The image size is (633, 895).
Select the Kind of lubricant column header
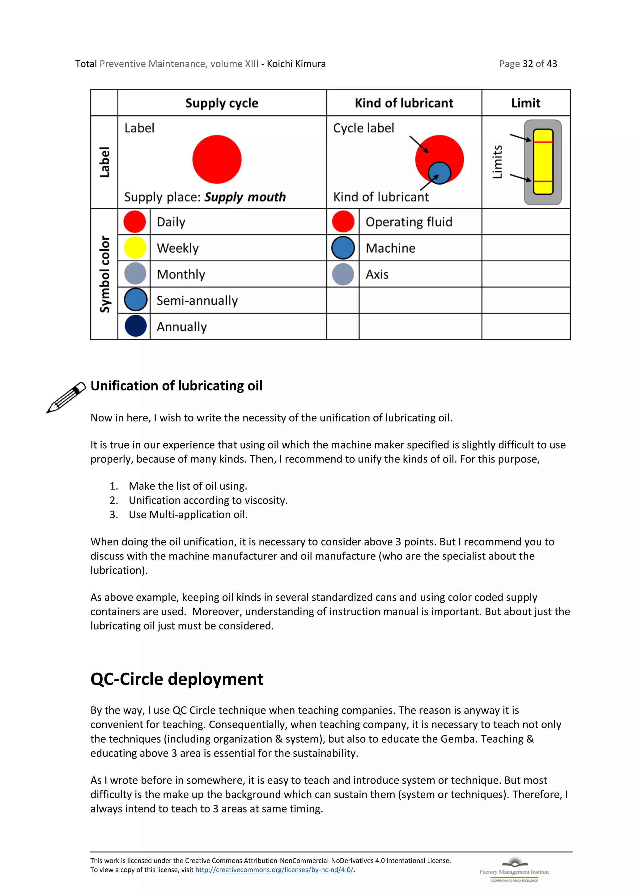click(x=404, y=103)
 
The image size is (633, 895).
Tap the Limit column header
click(x=525, y=103)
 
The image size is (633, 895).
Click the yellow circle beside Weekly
click(x=135, y=248)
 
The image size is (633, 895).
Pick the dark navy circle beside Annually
click(x=136, y=326)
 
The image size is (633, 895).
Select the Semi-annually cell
click(x=197, y=300)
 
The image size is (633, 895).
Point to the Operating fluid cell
click(x=409, y=222)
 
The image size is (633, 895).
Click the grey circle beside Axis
click(x=343, y=274)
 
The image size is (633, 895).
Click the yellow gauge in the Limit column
click(x=543, y=162)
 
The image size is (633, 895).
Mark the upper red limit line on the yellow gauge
click(x=543, y=142)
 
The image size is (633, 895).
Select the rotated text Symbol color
click(x=104, y=274)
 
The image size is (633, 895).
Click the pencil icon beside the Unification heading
click(x=66, y=397)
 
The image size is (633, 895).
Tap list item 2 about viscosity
click(x=208, y=500)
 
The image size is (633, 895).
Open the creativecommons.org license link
click(x=274, y=870)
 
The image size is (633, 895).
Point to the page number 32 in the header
click(x=527, y=64)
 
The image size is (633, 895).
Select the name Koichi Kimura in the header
click(x=296, y=64)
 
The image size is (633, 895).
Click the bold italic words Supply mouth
click(x=245, y=197)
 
